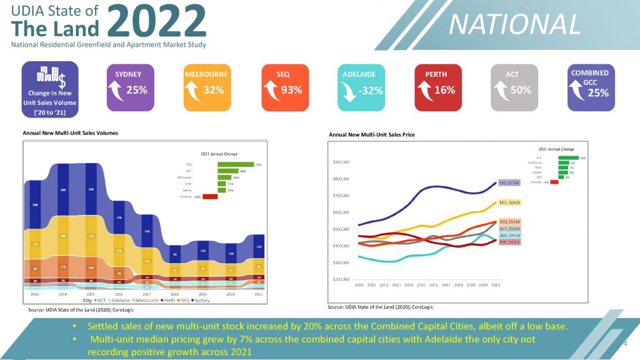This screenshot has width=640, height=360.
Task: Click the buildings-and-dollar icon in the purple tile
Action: click(x=51, y=76)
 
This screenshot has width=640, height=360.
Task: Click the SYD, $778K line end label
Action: click(x=510, y=183)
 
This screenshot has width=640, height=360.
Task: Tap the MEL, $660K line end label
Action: click(x=510, y=202)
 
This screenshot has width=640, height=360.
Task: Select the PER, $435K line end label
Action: click(x=510, y=242)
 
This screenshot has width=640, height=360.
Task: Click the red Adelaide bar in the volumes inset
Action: click(x=209, y=197)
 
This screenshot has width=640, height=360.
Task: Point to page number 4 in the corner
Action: click(x=626, y=344)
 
